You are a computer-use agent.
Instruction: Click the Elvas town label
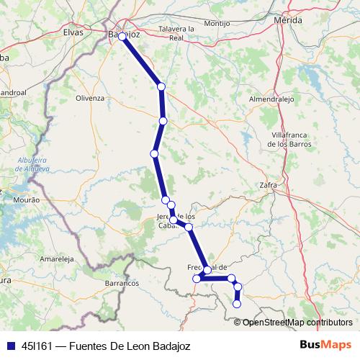pyautogui.click(x=73, y=32)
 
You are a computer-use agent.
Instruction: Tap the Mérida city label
pyautogui.click(x=288, y=21)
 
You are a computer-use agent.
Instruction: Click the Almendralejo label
pyautogui.click(x=271, y=99)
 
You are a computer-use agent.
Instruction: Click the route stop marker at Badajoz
pyautogui.click(x=122, y=36)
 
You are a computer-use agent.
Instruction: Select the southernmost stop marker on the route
pyautogui.click(x=237, y=305)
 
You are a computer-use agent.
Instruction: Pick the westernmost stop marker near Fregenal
pyautogui.click(x=196, y=279)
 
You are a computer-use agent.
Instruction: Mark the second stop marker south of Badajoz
pyautogui.click(x=163, y=120)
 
